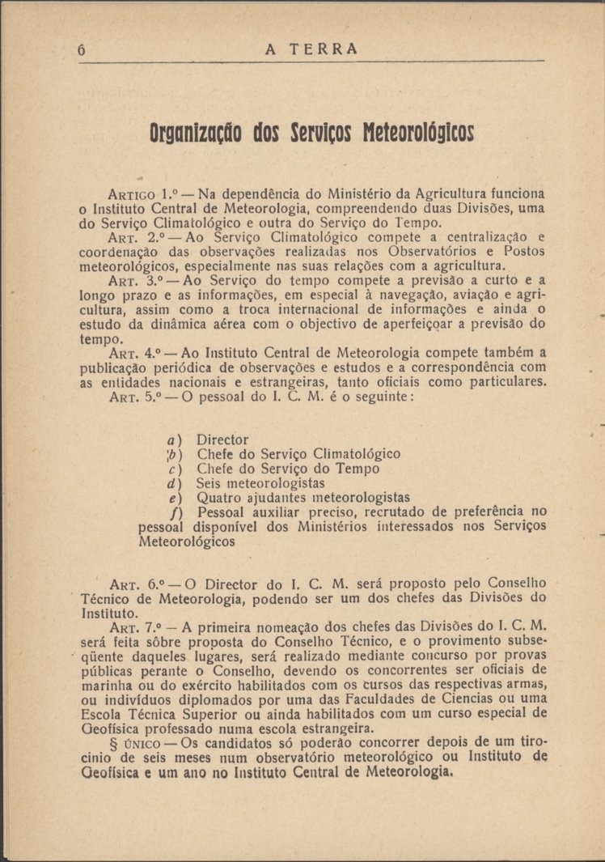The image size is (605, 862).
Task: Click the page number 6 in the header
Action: tap(82, 49)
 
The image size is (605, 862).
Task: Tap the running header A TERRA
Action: tap(311, 49)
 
